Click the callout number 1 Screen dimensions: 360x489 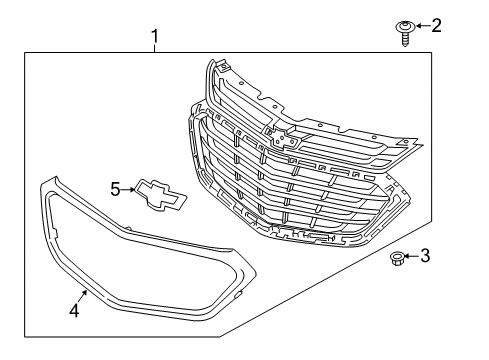coord(155,38)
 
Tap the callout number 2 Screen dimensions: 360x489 coord(435,25)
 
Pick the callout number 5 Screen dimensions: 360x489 coord(115,187)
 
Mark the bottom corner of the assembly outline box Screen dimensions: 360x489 coord(221,337)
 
